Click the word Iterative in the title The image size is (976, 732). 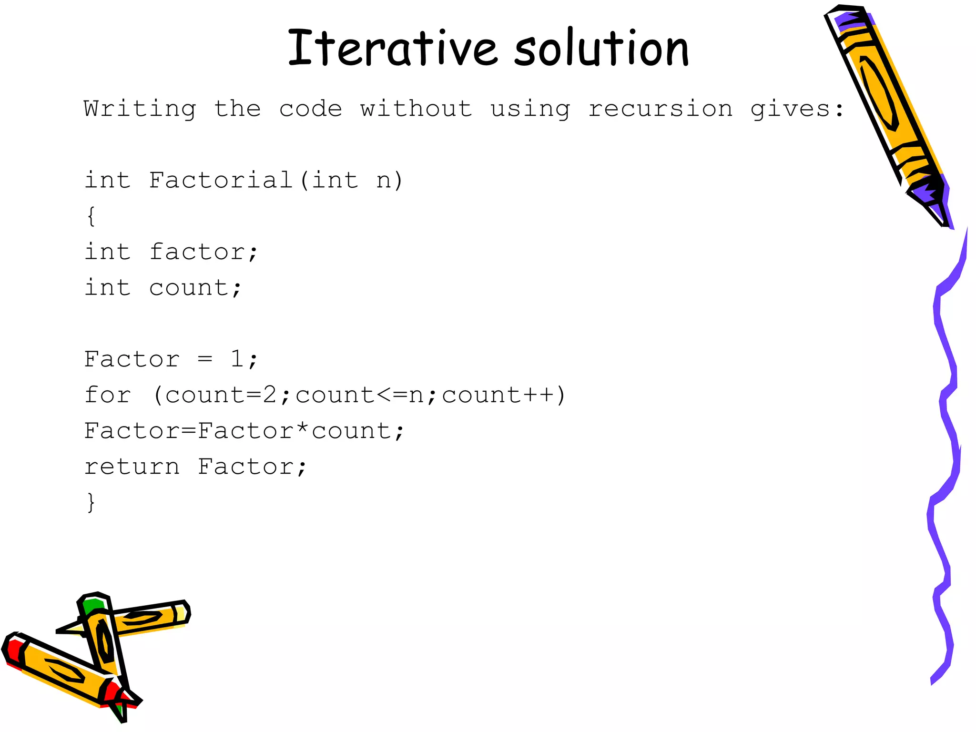(393, 48)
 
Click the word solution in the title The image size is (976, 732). (601, 48)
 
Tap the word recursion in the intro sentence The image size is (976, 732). (661, 109)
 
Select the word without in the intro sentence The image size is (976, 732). (416, 109)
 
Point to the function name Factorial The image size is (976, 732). (221, 180)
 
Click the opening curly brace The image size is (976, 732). (91, 216)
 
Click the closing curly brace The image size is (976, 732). (91, 502)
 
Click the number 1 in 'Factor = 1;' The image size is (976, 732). (237, 359)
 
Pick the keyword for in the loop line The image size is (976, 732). (107, 395)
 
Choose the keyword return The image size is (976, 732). (132, 467)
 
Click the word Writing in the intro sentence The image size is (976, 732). (140, 109)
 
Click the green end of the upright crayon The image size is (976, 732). (92, 605)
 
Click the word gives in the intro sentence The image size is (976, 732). (791, 109)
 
